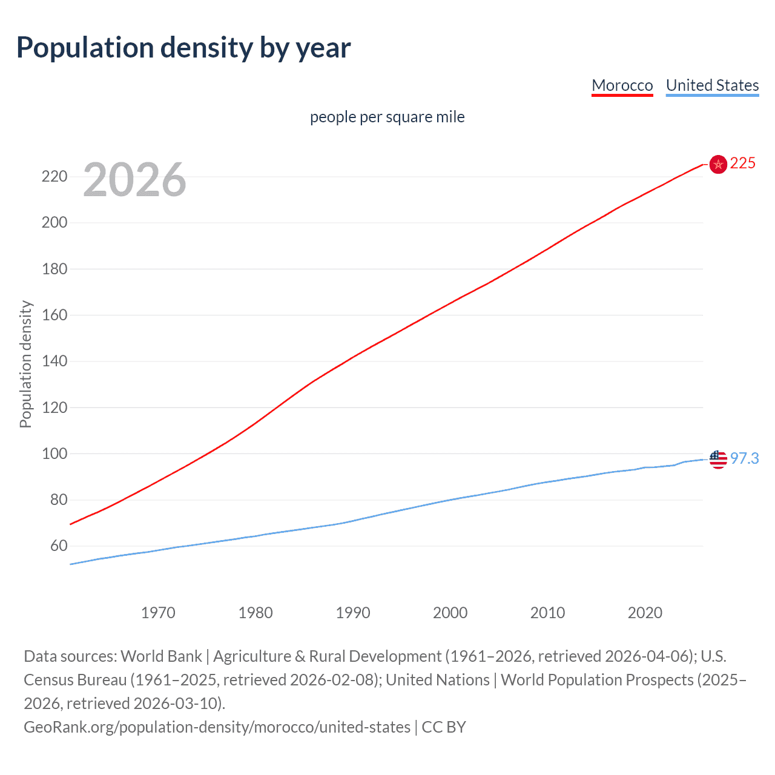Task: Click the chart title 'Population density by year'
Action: tap(183, 48)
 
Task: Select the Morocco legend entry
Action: tap(622, 85)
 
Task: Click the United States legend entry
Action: tap(712, 85)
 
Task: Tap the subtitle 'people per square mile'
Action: tap(387, 117)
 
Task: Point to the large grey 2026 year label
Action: tap(134, 180)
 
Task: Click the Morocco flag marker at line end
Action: tap(718, 164)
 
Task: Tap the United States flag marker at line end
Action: tap(718, 460)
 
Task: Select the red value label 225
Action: tap(743, 163)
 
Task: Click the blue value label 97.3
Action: tap(744, 459)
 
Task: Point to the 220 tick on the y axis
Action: tap(54, 177)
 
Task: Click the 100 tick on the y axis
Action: tap(54, 453)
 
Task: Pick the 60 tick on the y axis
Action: tap(59, 546)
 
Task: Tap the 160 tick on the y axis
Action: tap(54, 315)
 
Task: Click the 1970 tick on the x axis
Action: tap(158, 613)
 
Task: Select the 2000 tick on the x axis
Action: tap(450, 613)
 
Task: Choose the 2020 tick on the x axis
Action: tap(645, 613)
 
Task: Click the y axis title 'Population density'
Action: tap(25, 364)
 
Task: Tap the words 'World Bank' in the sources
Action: tap(161, 656)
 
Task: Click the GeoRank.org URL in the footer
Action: tap(217, 727)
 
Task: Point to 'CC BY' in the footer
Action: tap(444, 727)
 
